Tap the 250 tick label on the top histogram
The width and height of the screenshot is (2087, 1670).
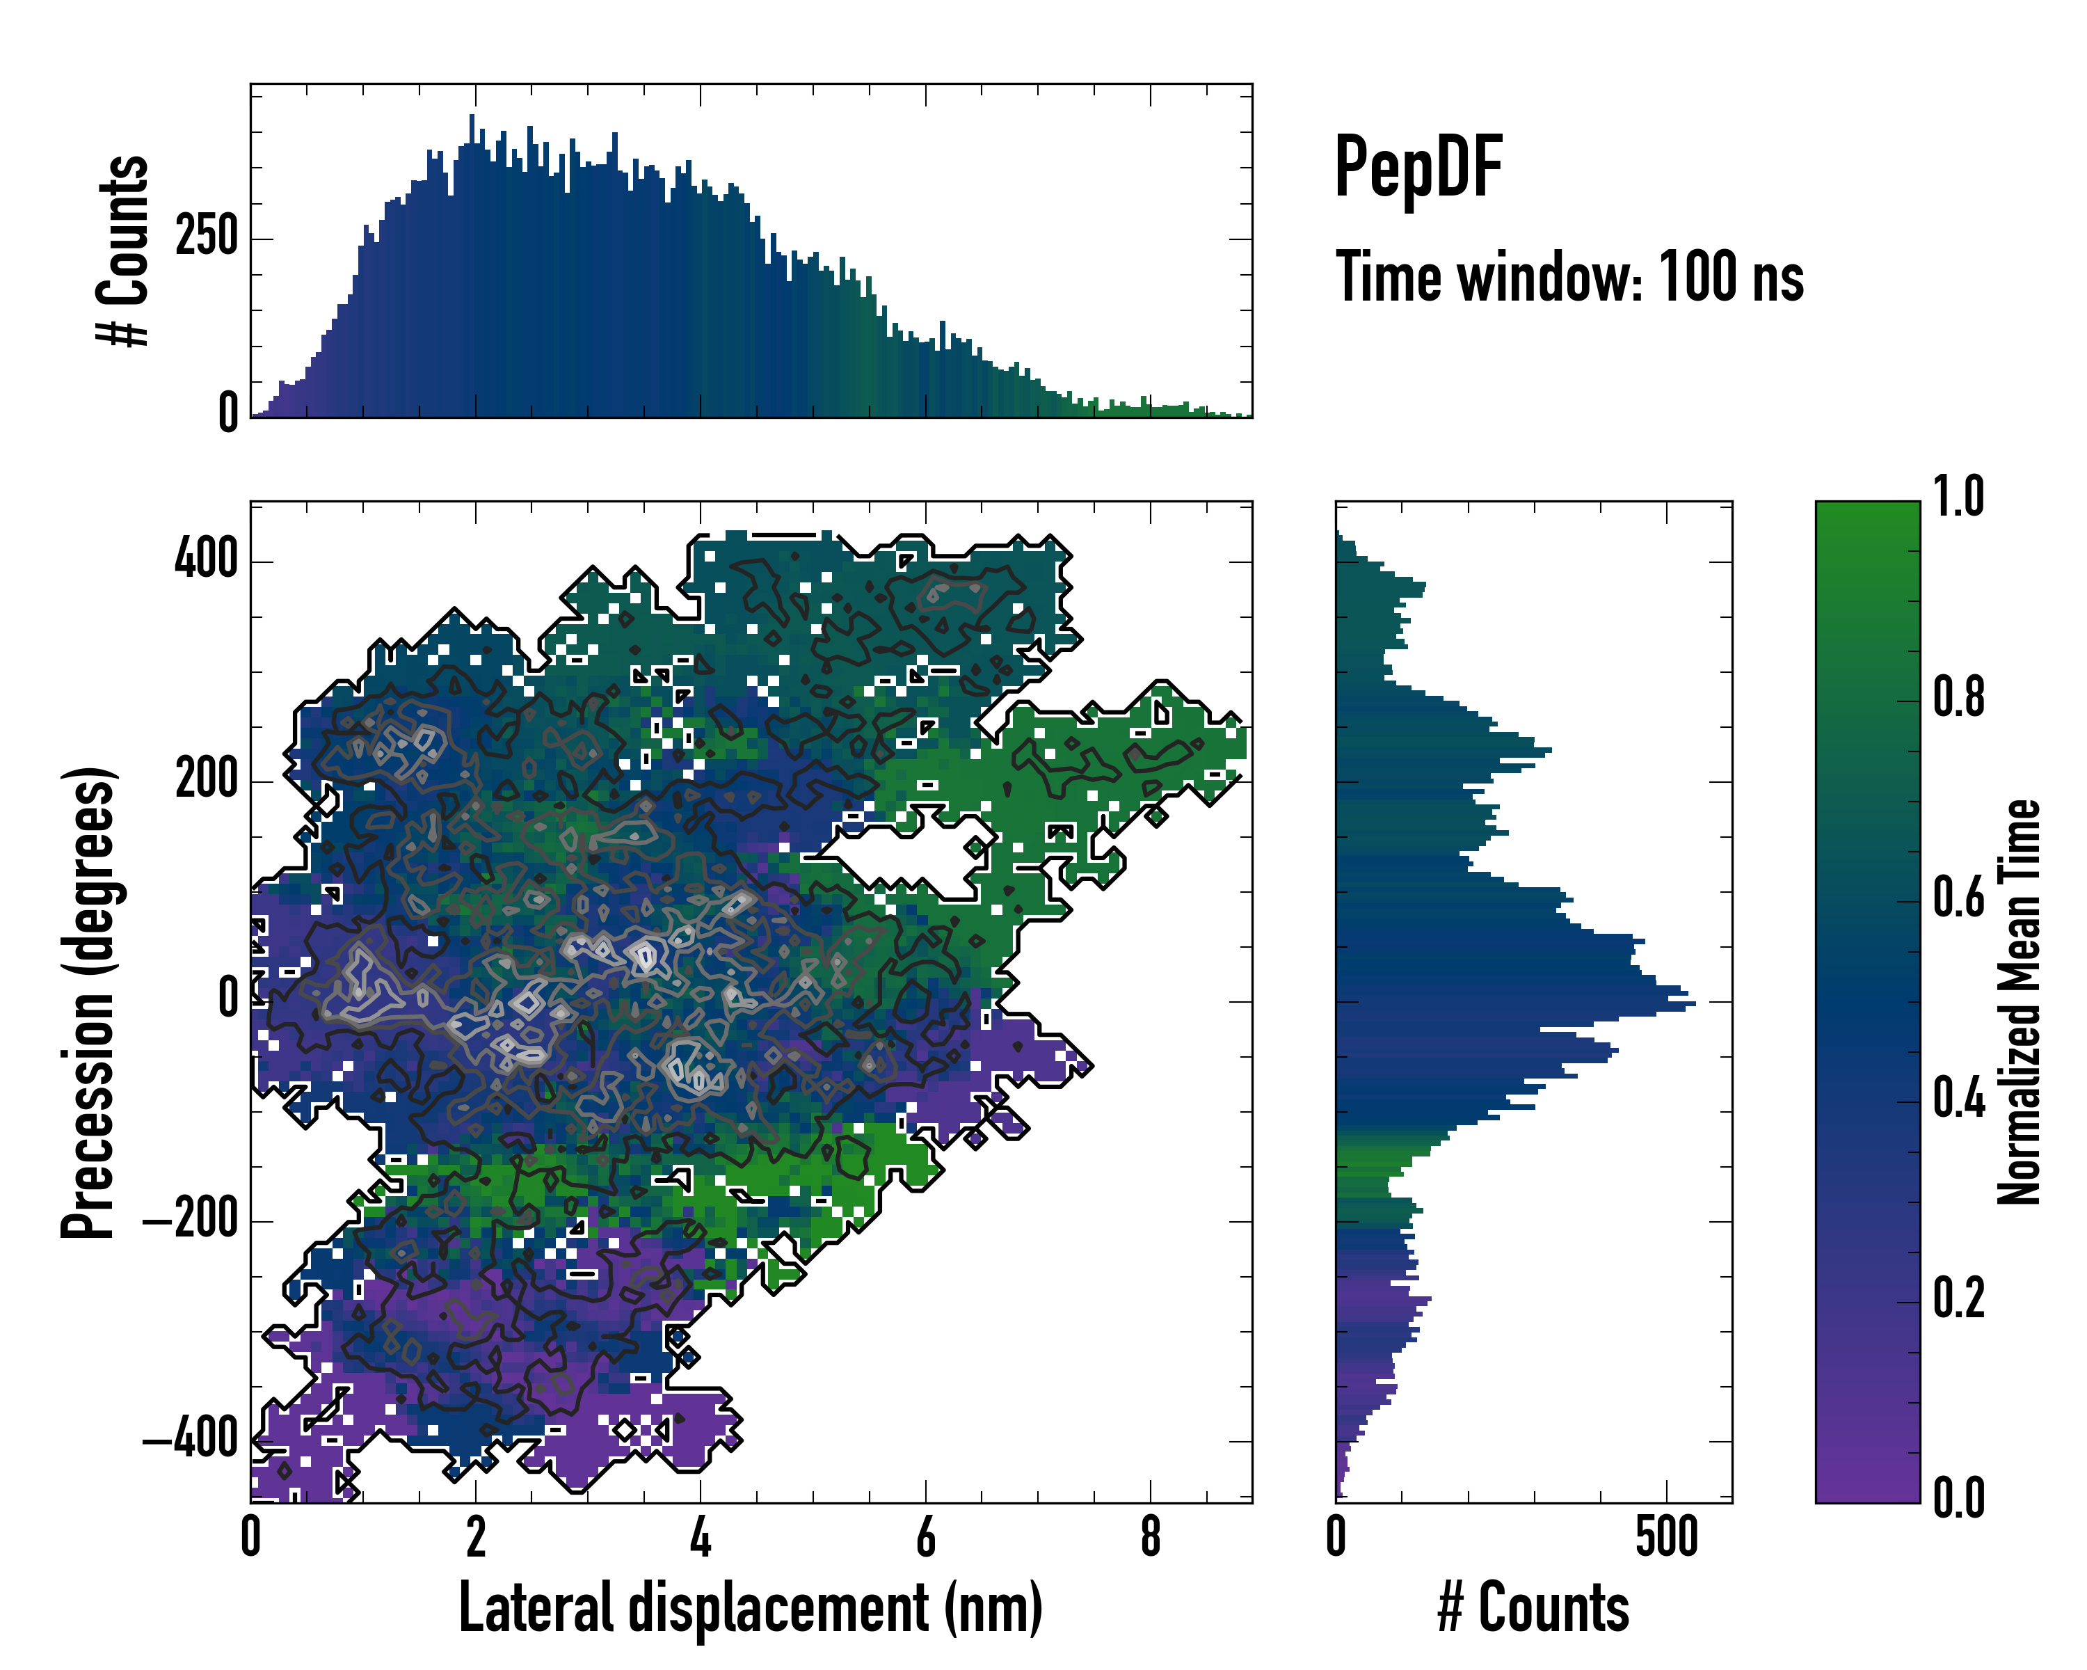206,237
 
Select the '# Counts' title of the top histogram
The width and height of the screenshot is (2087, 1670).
124,250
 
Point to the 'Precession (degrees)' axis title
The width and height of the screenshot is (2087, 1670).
89,1002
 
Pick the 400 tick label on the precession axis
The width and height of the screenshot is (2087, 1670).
205,559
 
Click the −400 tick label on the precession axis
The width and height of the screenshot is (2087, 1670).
190,1438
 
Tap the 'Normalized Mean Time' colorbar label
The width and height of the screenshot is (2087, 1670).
2020,1002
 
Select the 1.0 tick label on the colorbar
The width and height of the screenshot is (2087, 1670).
1958,497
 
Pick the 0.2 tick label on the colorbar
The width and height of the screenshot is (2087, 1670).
1958,1298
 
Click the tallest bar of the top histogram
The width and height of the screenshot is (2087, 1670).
472,267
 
